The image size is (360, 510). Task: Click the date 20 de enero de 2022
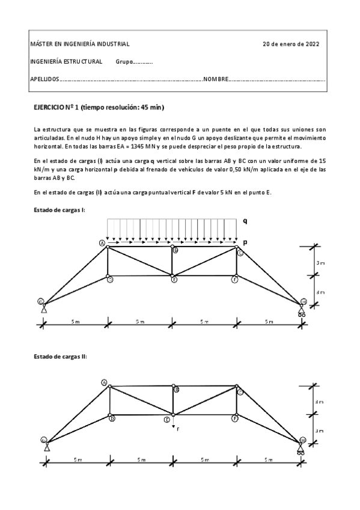click(291, 45)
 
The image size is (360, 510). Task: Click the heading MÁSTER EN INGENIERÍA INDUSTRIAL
click(79, 45)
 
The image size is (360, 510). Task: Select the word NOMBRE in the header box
click(216, 79)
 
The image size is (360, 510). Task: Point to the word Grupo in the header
click(123, 62)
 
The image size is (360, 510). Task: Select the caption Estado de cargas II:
click(60, 357)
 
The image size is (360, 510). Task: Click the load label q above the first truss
click(245, 221)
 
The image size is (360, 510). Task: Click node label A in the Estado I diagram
click(102, 242)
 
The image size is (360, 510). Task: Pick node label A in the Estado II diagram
click(104, 382)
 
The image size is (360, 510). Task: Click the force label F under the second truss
click(178, 429)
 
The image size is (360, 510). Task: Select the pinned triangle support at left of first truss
click(44, 310)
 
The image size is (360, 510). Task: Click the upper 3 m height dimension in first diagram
click(321, 262)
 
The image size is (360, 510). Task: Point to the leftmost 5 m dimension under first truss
click(75, 322)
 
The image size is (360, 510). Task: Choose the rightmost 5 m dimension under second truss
click(268, 460)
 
